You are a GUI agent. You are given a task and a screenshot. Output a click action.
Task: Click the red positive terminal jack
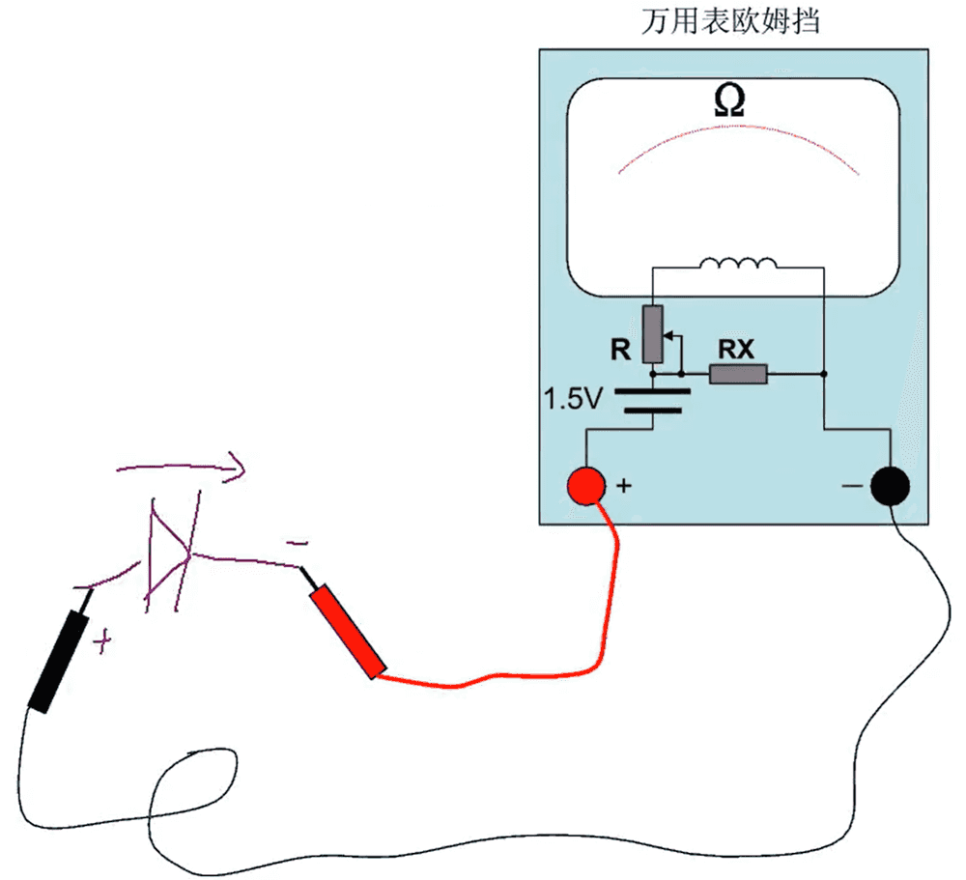point(586,486)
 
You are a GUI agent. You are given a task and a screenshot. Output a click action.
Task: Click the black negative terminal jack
point(890,486)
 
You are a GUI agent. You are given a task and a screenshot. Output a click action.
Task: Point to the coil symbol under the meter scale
point(737,264)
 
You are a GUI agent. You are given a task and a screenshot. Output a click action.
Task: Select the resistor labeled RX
point(739,374)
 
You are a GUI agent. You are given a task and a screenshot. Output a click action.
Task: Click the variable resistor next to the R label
point(654,333)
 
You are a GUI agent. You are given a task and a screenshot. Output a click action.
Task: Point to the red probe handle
point(348,633)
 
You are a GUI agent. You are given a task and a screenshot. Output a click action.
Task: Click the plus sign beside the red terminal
point(624,486)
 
